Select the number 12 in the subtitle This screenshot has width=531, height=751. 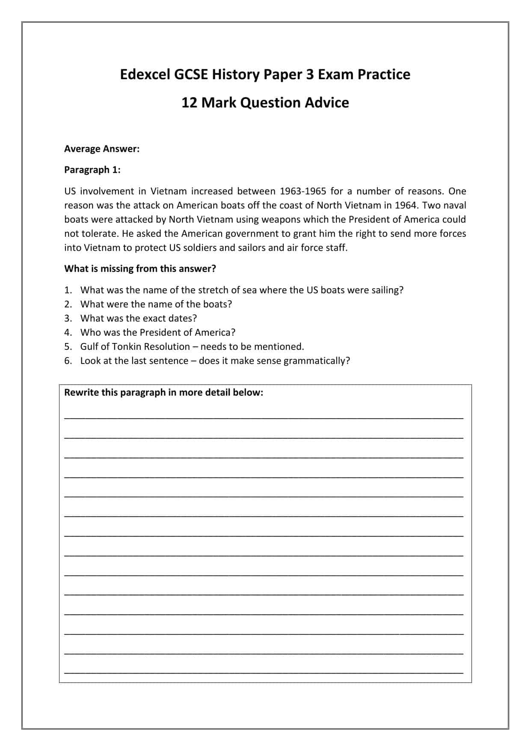pyautogui.click(x=189, y=103)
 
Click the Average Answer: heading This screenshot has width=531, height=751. pyautogui.click(x=102, y=149)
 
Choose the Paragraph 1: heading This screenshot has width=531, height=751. pyautogui.click(x=92, y=170)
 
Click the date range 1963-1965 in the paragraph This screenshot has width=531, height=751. pyautogui.click(x=303, y=191)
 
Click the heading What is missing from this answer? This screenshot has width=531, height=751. pyautogui.click(x=140, y=268)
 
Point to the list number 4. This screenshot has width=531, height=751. pyautogui.click(x=68, y=332)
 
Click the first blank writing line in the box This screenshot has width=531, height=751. pyautogui.click(x=264, y=417)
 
